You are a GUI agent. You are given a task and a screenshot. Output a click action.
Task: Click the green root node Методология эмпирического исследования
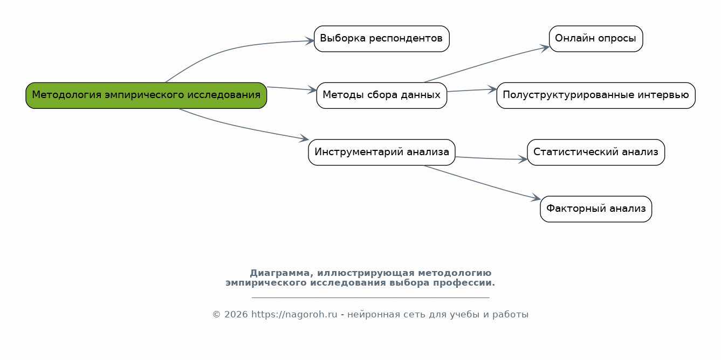coord(146,95)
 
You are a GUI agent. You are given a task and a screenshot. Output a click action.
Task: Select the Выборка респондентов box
coord(381,39)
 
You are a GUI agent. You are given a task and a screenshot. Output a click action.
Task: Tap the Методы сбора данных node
coord(381,95)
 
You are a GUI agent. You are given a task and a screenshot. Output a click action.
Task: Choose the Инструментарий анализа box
coord(381,152)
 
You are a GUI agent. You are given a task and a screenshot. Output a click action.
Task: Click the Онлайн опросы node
coord(596,39)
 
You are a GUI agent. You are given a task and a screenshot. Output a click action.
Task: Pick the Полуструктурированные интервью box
coord(596,95)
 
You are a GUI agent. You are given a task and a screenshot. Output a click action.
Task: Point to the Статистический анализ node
coord(596,152)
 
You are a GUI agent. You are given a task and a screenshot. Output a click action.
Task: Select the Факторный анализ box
coord(596,209)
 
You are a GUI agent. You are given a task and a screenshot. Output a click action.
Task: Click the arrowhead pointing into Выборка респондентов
coord(310,41)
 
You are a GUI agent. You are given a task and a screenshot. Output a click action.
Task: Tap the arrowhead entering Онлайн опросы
coord(545,49)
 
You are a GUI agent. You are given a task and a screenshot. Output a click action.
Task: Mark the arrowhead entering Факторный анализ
coord(536,198)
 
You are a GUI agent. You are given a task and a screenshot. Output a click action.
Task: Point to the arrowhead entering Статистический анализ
coord(523,159)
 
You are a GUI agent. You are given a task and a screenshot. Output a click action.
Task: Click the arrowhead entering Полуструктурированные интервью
coord(492,89)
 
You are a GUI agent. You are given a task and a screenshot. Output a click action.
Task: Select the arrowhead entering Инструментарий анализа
coord(304,139)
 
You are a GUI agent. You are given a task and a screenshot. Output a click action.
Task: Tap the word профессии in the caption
coord(464,283)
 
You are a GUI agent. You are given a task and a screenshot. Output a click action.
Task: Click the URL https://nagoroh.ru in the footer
coord(294,314)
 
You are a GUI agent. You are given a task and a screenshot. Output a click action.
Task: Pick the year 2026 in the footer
coord(236,314)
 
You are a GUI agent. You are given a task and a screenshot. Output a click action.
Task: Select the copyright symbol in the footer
coord(217,314)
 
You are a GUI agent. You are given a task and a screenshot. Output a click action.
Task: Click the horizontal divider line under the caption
coord(370,298)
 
